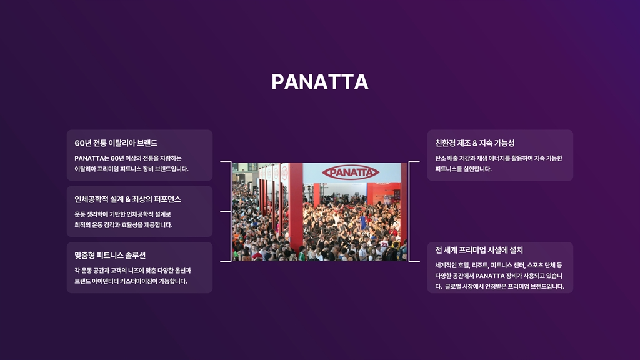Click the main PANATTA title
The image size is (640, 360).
pyautogui.click(x=320, y=82)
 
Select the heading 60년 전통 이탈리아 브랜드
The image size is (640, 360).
pyautogui.click(x=116, y=143)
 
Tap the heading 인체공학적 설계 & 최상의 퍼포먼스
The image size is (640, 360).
pyautogui.click(x=127, y=199)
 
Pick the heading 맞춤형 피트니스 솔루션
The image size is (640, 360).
pyautogui.click(x=110, y=256)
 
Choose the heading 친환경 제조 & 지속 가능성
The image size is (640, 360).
pyautogui.click(x=475, y=143)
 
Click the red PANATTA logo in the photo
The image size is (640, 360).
pyautogui.click(x=351, y=172)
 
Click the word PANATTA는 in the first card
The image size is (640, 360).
pyautogui.click(x=92, y=158)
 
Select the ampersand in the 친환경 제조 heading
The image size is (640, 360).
pyautogui.click(x=475, y=143)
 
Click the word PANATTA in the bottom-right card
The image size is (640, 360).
pyautogui.click(x=490, y=276)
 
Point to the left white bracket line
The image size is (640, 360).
pyautogui.click(x=231, y=211)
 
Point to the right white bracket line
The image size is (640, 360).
pyautogui.click(x=409, y=211)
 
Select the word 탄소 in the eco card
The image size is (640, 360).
pyautogui.click(x=441, y=158)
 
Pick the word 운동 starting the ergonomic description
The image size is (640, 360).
pyautogui.click(x=80, y=215)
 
